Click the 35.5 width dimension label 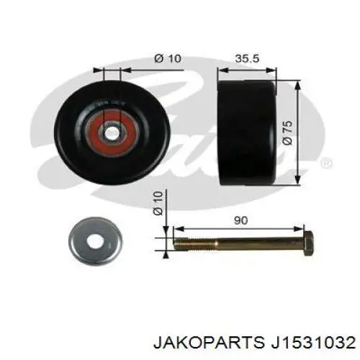[247, 58]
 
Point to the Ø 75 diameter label [288, 133]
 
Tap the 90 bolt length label [240, 220]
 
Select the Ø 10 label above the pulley [168, 58]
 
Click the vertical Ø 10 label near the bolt [158, 203]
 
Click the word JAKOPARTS [208, 343]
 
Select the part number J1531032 [312, 343]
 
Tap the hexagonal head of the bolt [308, 243]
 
